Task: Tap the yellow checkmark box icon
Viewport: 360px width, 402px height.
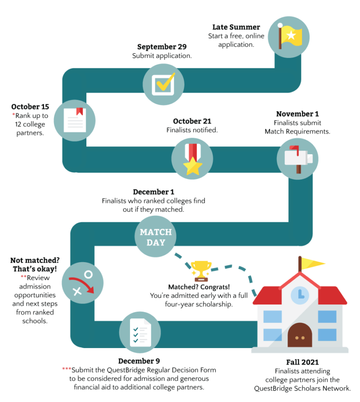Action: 163,82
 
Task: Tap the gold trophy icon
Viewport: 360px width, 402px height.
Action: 201,270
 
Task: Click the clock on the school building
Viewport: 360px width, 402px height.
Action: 299,296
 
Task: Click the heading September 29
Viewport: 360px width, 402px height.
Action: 162,47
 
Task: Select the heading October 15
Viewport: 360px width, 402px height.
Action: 30,107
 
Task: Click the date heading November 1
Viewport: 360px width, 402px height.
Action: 297,114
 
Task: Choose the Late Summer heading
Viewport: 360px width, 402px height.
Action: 236,27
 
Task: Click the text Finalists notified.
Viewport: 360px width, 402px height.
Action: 192,130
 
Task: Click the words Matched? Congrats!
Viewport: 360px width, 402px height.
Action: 198,287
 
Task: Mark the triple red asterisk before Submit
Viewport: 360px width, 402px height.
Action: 67,370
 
